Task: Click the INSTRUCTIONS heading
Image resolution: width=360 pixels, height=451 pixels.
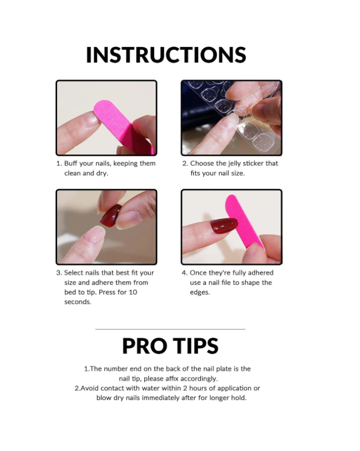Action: [166, 55]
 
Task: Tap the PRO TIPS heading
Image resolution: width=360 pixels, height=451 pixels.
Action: [170, 346]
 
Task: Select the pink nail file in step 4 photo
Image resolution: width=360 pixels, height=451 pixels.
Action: [244, 220]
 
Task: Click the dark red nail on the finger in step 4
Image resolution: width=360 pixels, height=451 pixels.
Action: [224, 225]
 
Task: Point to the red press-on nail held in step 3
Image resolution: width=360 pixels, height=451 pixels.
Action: [111, 216]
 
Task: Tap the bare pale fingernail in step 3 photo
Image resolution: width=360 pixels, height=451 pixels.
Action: [95, 234]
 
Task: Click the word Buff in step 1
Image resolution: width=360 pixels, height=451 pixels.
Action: [71, 163]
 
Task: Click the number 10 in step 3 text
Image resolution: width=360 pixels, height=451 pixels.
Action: [133, 292]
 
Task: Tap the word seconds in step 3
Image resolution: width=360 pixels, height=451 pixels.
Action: [78, 302]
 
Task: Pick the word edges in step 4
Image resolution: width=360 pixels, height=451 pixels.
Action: [200, 292]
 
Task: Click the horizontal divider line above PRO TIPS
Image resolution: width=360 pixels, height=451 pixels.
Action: [170, 329]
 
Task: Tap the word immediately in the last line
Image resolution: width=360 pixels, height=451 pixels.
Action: [161, 398]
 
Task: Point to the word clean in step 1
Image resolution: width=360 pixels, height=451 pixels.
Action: [72, 173]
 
